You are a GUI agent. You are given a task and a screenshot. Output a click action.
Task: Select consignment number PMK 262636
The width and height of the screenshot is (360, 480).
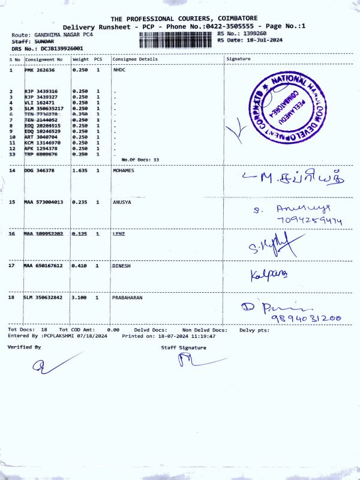coord(39,70)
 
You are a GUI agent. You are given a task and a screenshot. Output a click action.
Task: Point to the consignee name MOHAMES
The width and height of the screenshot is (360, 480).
coord(124,171)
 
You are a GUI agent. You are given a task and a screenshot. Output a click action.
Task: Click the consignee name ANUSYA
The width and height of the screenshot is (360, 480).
coord(122,202)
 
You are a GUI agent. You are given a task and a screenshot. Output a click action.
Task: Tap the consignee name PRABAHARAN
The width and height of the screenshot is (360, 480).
coord(127,297)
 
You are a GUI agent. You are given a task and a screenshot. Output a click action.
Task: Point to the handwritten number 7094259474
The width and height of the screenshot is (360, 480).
coord(310,221)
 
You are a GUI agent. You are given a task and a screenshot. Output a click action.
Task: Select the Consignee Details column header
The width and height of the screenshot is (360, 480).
coord(135,59)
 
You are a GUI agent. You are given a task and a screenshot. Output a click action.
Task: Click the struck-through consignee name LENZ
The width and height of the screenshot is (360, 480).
coord(119,233)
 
